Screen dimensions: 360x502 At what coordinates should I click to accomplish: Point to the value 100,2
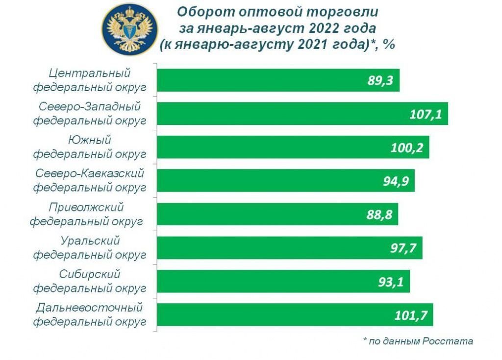pos(407,147)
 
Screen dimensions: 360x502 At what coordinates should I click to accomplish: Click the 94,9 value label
pos(395,181)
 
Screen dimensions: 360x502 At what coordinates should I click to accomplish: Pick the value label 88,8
pos(379,215)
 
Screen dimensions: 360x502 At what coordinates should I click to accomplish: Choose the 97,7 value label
pos(403,248)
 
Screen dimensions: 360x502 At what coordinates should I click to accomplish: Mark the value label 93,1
pos(391,282)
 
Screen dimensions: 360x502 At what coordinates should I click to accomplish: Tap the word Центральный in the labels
pos(90,73)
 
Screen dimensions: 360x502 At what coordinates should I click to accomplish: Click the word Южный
pos(90,141)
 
